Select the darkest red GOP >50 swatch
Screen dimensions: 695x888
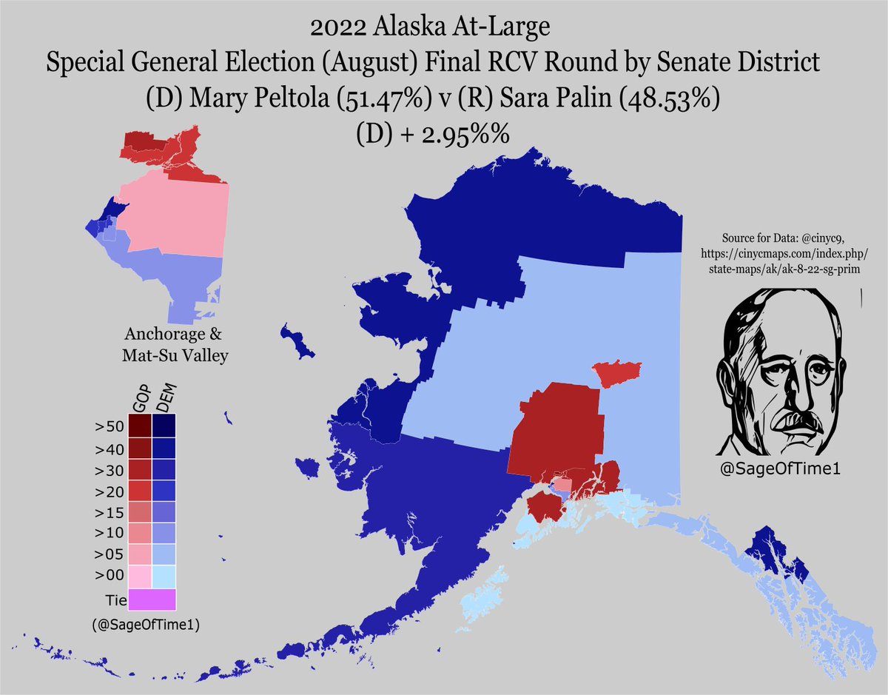139,426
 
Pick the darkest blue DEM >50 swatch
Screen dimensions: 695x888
164,426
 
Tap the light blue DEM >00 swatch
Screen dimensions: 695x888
164,575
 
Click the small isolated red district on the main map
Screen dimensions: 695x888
616,374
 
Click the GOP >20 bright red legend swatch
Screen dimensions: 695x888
139,491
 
